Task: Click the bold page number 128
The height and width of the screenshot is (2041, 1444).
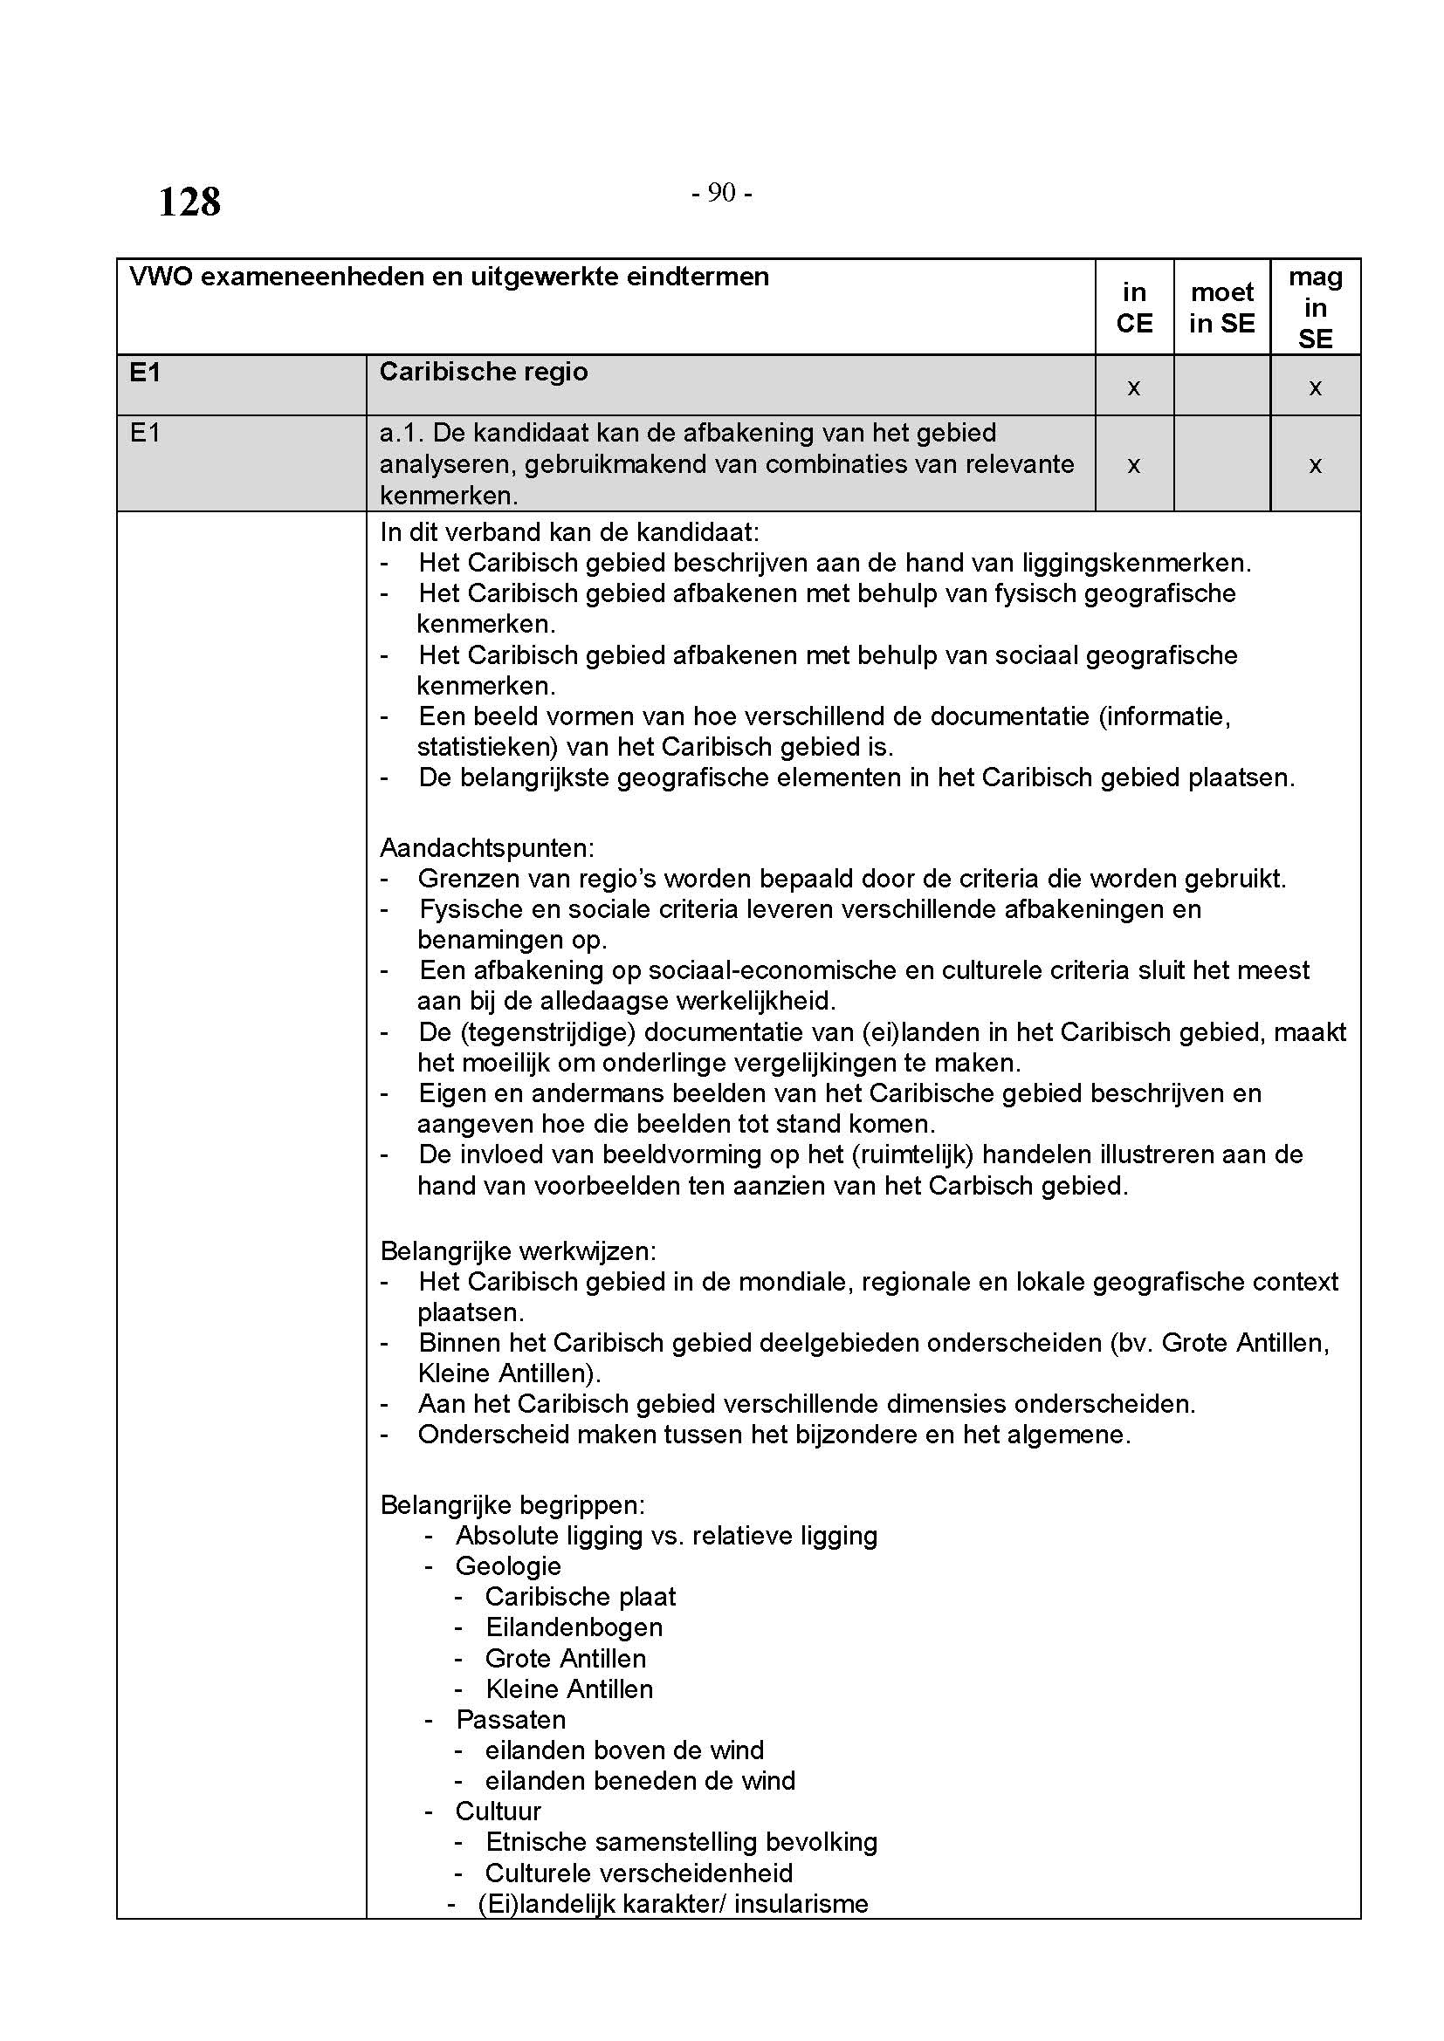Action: (x=189, y=202)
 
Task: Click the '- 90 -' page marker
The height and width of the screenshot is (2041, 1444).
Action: (x=722, y=193)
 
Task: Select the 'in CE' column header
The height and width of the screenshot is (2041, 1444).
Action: (x=1134, y=307)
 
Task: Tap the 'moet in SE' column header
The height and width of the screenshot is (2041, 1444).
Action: (x=1221, y=307)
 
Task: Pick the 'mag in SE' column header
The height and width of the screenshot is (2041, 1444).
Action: (x=1315, y=307)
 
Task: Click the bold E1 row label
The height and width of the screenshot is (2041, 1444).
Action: (x=146, y=373)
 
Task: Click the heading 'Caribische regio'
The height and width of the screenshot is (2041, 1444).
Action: (x=484, y=372)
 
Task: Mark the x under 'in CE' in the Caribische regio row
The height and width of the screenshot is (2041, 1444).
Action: (x=1134, y=387)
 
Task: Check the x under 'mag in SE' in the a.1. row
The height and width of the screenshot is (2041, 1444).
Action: (x=1315, y=465)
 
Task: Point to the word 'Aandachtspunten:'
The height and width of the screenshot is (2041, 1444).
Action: (x=487, y=847)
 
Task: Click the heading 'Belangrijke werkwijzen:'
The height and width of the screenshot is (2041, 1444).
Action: (x=519, y=1250)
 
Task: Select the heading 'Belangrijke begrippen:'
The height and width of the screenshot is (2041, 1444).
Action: (x=512, y=1504)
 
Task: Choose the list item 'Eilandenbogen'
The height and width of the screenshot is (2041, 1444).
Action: (x=574, y=1627)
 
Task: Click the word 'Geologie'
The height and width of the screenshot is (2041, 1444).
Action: (x=508, y=1565)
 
